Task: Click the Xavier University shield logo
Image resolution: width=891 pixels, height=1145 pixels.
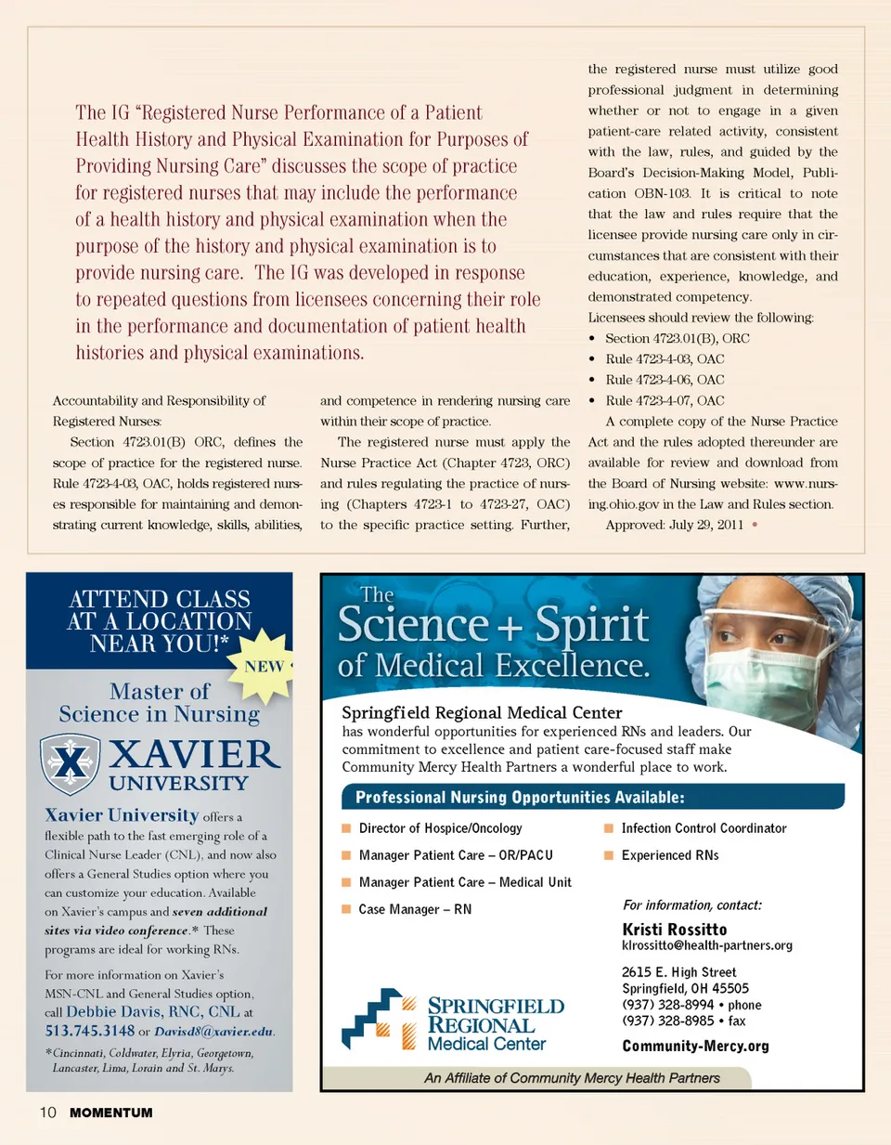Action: pyautogui.click(x=70, y=764)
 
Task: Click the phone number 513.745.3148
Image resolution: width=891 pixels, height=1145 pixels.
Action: pyautogui.click(x=90, y=1031)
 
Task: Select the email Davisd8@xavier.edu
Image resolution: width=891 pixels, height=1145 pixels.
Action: pyautogui.click(x=213, y=1032)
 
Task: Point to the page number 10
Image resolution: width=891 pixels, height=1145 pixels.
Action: pyautogui.click(x=47, y=1112)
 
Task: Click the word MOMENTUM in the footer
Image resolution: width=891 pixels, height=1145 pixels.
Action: pyautogui.click(x=110, y=1112)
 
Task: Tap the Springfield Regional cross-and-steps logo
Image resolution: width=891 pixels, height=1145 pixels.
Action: pyautogui.click(x=378, y=1020)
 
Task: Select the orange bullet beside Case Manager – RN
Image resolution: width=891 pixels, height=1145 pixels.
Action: pyautogui.click(x=346, y=909)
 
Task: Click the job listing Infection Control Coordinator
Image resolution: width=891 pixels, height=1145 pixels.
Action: pyautogui.click(x=704, y=828)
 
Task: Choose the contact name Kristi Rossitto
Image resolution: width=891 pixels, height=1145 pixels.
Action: pyautogui.click(x=674, y=930)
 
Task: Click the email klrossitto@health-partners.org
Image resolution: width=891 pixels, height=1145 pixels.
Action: pyautogui.click(x=706, y=945)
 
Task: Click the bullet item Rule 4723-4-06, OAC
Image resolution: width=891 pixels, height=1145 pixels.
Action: pyautogui.click(x=665, y=380)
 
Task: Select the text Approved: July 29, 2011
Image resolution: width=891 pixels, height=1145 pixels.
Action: pyautogui.click(x=674, y=525)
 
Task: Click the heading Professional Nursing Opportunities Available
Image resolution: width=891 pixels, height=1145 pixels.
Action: pyautogui.click(x=520, y=797)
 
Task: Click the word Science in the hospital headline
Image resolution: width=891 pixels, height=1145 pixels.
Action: pyautogui.click(x=412, y=624)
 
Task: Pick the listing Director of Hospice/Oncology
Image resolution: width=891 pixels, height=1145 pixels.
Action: pyautogui.click(x=440, y=828)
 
